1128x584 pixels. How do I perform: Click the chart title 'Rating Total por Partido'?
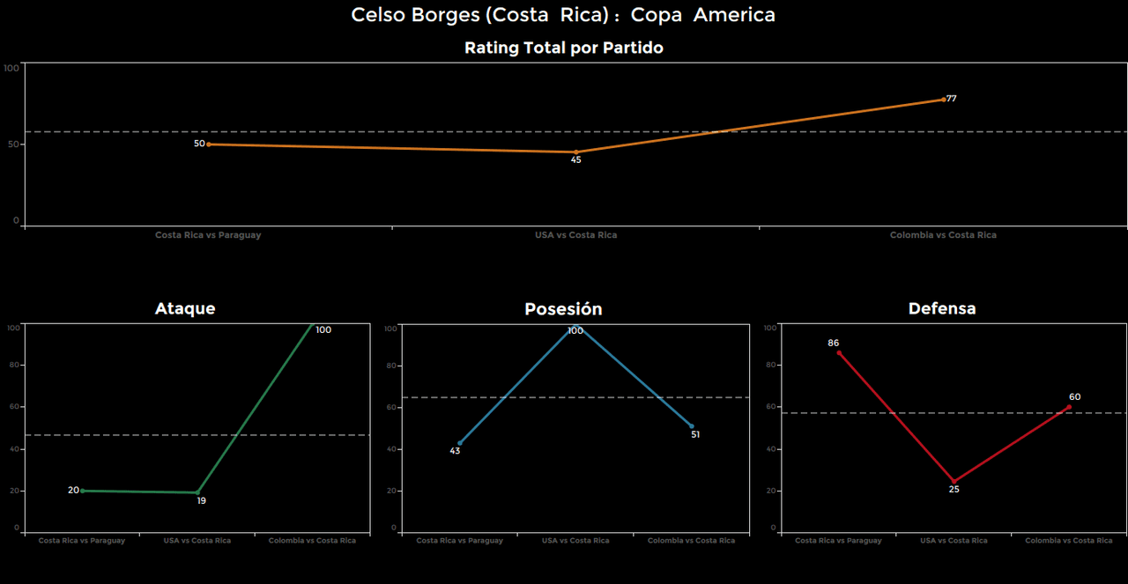[x=563, y=48]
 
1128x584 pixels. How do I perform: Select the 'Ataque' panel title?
[x=185, y=308]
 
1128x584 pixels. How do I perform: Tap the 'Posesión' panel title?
[x=563, y=309]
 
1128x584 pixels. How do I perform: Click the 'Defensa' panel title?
[x=942, y=308]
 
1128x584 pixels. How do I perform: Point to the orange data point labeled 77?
[x=944, y=100]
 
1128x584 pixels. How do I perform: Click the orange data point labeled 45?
[x=575, y=152]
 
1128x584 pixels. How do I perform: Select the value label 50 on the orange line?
[x=199, y=144]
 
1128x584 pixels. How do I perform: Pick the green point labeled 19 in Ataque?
[x=197, y=493]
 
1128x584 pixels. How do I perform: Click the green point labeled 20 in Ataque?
[x=82, y=491]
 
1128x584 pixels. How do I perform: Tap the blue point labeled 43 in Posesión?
[x=459, y=443]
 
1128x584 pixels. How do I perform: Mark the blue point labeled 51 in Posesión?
[x=692, y=426]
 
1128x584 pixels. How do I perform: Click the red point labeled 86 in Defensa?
[x=839, y=352]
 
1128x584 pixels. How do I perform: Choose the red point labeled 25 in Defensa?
[x=954, y=481]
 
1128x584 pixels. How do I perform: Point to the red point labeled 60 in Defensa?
[x=1069, y=407]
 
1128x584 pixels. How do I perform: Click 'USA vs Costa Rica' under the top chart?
[x=575, y=235]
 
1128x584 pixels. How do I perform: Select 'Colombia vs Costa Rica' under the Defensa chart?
[x=1069, y=540]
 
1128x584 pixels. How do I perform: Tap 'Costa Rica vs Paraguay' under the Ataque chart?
[x=82, y=540]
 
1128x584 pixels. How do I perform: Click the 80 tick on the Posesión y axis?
[x=392, y=366]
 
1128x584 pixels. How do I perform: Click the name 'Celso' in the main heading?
[x=378, y=15]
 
